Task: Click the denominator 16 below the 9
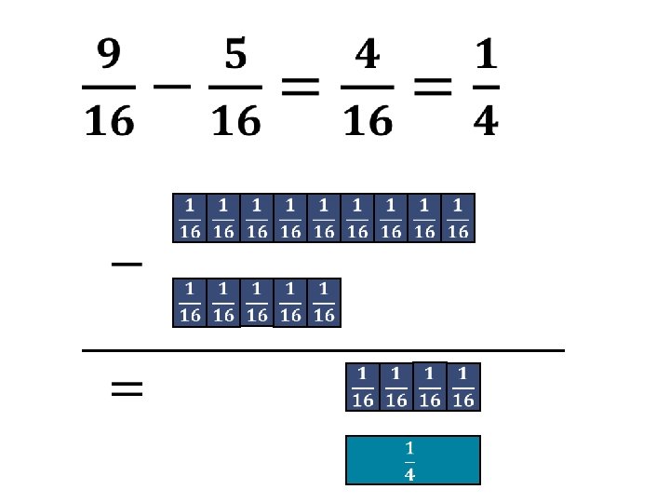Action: click(110, 121)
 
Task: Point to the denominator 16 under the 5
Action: click(235, 121)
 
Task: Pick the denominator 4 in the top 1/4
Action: click(485, 121)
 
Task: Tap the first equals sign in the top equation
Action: click(301, 89)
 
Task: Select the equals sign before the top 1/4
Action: click(434, 89)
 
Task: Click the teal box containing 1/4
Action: click(412, 460)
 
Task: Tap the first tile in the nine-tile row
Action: click(190, 218)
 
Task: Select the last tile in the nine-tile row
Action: click(458, 218)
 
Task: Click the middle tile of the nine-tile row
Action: click(324, 218)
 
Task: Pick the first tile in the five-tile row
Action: click(190, 303)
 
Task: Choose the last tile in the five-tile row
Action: click(324, 303)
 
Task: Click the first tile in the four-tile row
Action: click(363, 387)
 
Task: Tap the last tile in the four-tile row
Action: click(463, 387)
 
